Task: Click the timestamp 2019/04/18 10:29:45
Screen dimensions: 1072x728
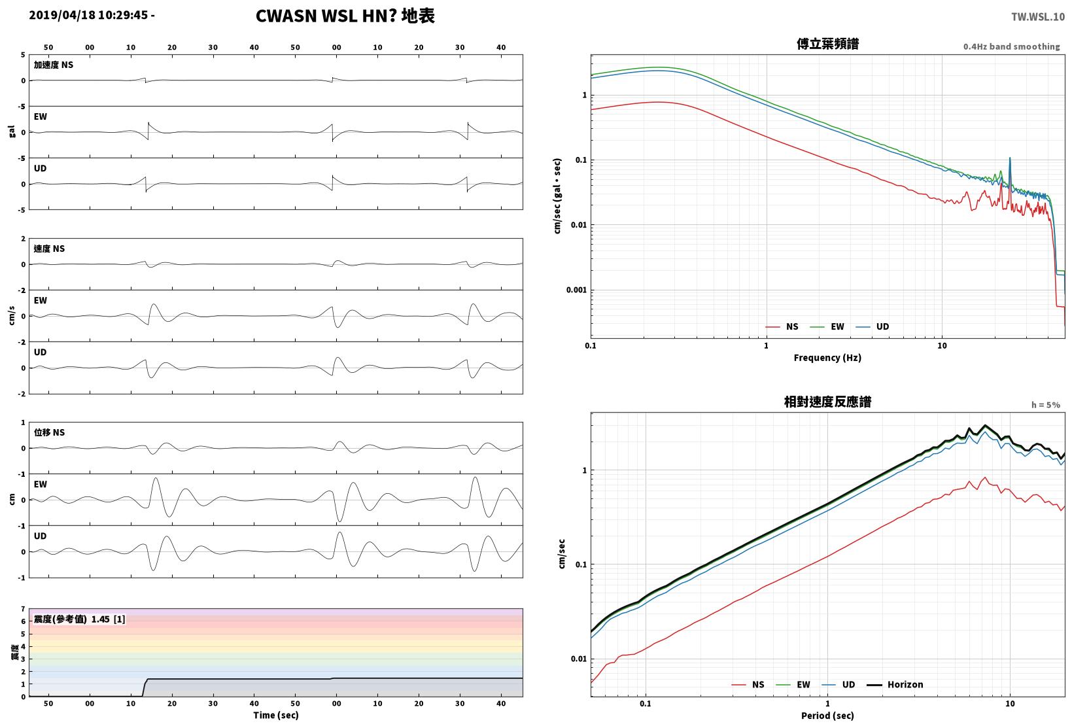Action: [88, 15]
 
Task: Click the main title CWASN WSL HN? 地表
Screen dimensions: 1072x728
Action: [345, 16]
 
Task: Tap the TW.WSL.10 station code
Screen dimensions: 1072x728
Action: [1037, 17]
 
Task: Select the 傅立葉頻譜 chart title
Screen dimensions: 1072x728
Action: [827, 44]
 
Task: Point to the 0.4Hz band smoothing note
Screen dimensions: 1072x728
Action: [1012, 46]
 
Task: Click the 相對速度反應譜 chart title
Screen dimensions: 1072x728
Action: [827, 402]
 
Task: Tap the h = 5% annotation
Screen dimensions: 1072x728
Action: [1046, 405]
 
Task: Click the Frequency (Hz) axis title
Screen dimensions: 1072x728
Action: [827, 358]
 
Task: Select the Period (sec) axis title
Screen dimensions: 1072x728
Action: [827, 716]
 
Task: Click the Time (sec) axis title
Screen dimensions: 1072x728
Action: [275, 715]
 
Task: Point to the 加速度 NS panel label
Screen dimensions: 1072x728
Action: [53, 65]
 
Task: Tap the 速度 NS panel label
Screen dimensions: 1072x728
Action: [49, 249]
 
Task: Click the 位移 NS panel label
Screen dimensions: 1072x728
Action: [49, 432]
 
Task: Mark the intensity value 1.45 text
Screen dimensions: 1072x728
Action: [101, 619]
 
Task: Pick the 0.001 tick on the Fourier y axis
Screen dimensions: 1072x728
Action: [576, 290]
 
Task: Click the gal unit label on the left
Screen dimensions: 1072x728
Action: [12, 131]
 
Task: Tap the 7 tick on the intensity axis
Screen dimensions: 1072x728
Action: [23, 609]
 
